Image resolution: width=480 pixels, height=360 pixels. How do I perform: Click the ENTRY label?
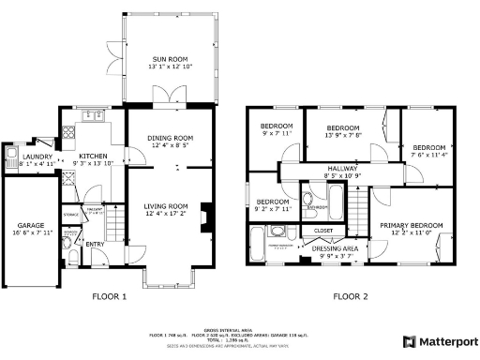[x=95, y=243]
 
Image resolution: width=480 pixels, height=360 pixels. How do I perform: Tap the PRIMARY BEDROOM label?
[x=411, y=225]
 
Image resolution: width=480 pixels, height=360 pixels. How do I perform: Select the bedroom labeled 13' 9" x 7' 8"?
[x=342, y=128]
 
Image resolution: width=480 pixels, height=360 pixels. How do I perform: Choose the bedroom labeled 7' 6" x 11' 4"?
[x=428, y=147]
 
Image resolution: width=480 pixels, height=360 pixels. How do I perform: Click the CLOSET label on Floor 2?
[x=323, y=229]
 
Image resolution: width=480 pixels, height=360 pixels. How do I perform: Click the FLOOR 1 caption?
[x=109, y=296]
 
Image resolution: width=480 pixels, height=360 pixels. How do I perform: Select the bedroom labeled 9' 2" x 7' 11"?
[x=273, y=202]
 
